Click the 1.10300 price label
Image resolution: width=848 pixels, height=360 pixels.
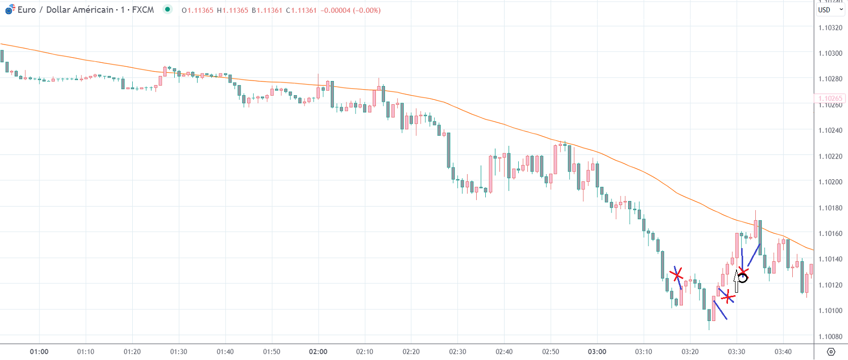coord(830,53)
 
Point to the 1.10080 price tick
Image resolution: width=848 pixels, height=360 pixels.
coord(830,337)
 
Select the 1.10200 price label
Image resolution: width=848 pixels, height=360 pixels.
coord(830,182)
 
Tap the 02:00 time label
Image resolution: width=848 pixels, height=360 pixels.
coord(318,351)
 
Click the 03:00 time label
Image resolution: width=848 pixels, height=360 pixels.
coord(597,351)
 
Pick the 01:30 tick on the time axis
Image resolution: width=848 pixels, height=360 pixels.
coord(178,351)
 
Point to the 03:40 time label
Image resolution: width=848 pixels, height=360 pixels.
coord(783,351)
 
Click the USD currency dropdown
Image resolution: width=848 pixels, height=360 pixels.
coord(830,10)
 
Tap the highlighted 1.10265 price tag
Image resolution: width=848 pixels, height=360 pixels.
coord(830,98)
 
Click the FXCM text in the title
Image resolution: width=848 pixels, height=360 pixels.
coord(143,10)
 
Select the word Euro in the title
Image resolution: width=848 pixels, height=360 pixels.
coord(27,10)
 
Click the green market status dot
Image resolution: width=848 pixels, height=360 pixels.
coord(168,9)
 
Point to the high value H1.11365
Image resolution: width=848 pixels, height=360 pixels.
coord(233,10)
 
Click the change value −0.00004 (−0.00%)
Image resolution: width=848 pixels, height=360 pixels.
coord(351,10)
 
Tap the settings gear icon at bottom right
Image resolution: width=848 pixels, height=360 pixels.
coord(831,351)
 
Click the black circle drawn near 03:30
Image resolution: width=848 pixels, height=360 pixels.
coord(743,277)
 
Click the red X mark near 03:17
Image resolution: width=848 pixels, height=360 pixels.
coord(677,274)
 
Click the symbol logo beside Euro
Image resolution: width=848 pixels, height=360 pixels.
coord(10,9)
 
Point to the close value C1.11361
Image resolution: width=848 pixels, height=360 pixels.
coord(301,10)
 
